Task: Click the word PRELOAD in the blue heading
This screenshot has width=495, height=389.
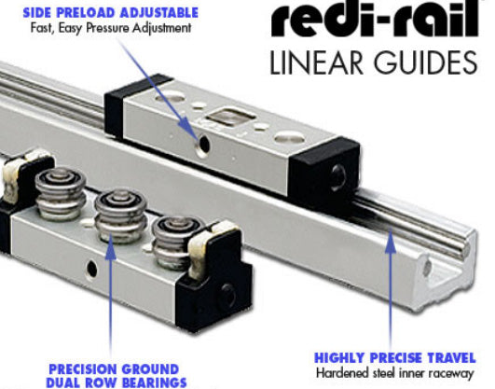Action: [x=86, y=13]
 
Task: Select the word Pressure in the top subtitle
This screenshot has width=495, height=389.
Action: [x=107, y=28]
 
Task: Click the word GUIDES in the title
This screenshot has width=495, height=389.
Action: [x=425, y=63]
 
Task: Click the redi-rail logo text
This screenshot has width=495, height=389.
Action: [x=375, y=19]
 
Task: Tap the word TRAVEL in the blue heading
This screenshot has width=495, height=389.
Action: [x=452, y=358]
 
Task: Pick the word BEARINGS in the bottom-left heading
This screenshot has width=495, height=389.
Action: [x=154, y=382]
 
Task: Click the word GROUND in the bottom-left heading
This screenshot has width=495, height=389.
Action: [x=150, y=369]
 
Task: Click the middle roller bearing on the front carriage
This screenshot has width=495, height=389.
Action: [x=121, y=215]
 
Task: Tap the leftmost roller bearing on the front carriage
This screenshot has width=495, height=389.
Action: [x=61, y=193]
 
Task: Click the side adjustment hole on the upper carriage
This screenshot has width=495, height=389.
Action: [x=203, y=145]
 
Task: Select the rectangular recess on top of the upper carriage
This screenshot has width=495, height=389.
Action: [x=231, y=116]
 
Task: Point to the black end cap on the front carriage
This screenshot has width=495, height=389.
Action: [x=214, y=285]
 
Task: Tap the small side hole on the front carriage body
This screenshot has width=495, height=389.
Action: [x=92, y=269]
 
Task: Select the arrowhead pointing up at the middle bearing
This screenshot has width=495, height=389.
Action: [x=111, y=247]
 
